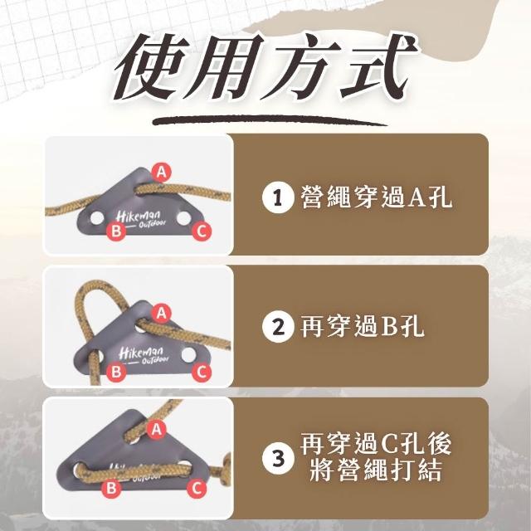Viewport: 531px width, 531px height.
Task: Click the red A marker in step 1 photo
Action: (x=162, y=173)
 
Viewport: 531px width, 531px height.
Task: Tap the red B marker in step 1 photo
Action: (x=116, y=231)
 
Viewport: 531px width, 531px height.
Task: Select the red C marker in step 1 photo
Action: (x=202, y=231)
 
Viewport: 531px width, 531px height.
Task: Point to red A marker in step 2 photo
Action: (x=162, y=314)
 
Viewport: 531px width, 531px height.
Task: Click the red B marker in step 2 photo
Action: (x=116, y=372)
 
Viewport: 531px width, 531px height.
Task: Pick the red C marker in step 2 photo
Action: (x=202, y=373)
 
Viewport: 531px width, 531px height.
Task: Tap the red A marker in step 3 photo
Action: (x=156, y=430)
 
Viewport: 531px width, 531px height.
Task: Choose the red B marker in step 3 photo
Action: (x=111, y=488)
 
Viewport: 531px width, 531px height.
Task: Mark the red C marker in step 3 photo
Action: (x=197, y=489)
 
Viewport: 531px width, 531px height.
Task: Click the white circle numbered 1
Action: (x=278, y=197)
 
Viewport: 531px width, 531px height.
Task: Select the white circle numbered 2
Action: (x=278, y=327)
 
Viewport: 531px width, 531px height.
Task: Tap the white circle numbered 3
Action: (x=278, y=459)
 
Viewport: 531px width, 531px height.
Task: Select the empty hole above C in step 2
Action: (x=188, y=354)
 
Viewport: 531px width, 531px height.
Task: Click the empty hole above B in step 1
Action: (x=96, y=218)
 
